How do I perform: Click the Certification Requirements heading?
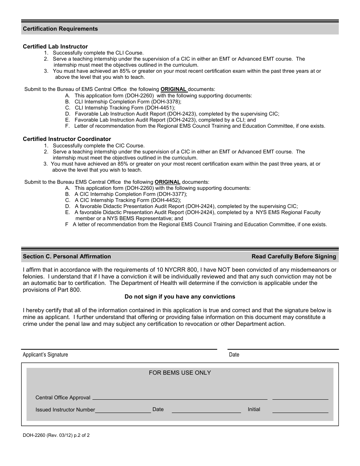point(60,29)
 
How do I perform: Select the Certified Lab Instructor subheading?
point(55,47)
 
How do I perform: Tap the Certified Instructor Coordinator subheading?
point(67,139)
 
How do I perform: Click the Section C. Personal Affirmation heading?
point(67,256)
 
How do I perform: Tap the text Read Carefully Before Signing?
point(294,256)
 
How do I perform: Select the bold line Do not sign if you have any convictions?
point(180,297)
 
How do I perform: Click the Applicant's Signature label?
point(45,355)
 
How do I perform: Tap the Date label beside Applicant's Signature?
point(234,355)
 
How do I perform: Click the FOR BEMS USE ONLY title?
point(180,373)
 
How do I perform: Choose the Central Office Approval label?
point(63,397)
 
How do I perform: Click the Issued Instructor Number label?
point(65,410)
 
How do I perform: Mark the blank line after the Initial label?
point(300,411)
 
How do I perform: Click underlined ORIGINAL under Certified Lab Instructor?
point(174,89)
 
